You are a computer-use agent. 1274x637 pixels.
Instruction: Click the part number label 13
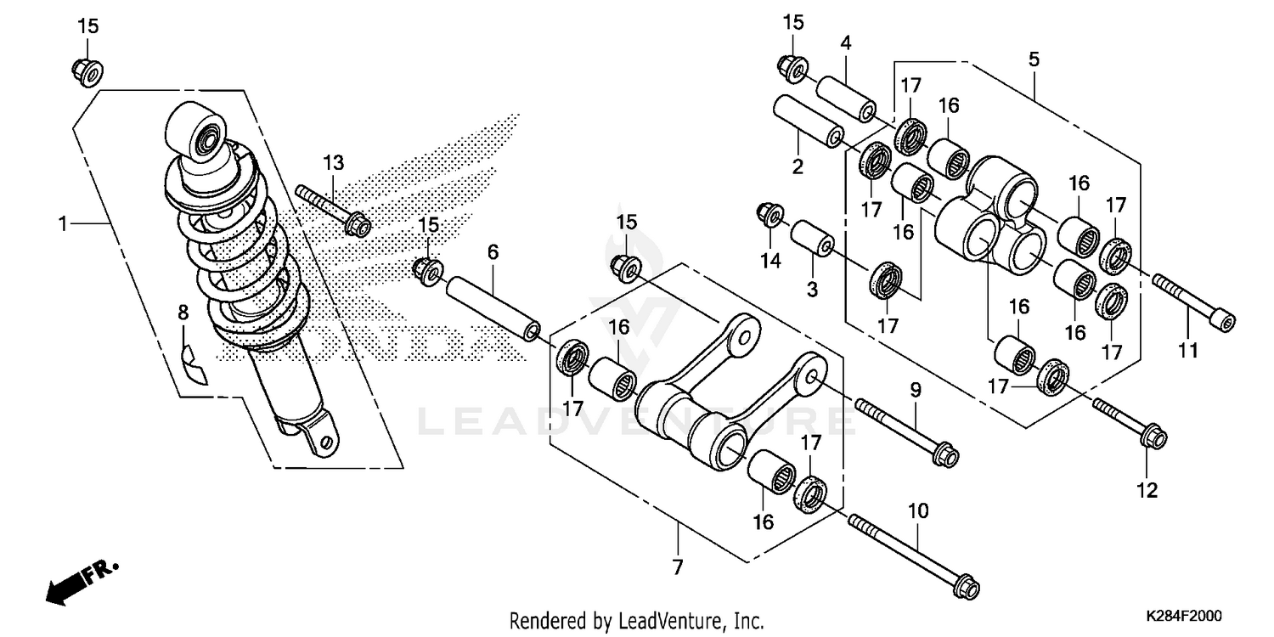click(x=333, y=163)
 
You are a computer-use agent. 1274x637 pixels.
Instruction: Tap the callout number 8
click(x=183, y=313)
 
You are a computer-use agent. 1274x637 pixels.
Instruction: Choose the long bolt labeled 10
click(x=913, y=553)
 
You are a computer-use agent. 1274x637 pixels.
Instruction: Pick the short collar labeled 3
click(x=812, y=239)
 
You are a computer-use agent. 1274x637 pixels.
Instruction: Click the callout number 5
click(x=1034, y=60)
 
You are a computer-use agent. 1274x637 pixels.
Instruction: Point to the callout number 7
click(x=677, y=568)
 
